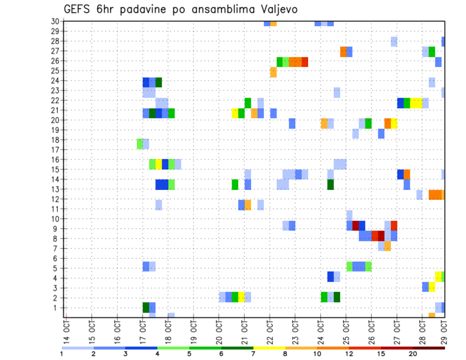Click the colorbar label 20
tap(413, 354)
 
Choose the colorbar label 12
tap(349, 354)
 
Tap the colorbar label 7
tap(253, 354)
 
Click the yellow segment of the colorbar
tap(269, 348)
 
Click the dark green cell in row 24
tap(158, 82)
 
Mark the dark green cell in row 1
tap(146, 308)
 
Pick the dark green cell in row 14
tap(330, 184)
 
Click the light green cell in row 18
tap(140, 144)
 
